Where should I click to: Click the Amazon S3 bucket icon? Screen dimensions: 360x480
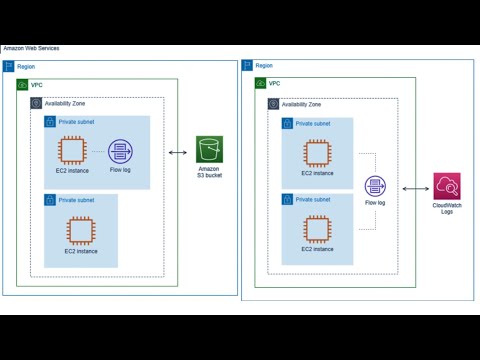(209, 150)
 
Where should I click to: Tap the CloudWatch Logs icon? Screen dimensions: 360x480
(446, 186)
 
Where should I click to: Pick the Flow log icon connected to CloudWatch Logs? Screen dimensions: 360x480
(375, 186)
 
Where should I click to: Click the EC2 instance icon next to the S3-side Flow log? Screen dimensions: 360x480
(71, 151)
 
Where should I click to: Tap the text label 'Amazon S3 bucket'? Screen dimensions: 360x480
(209, 173)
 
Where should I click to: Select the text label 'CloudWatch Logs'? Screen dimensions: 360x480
(446, 209)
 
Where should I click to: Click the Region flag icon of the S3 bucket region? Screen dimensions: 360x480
(9, 66)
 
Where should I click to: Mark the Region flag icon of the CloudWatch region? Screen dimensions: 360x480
(247, 65)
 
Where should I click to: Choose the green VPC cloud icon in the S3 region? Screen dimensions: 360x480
(22, 85)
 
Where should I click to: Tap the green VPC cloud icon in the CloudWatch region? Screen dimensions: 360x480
(261, 84)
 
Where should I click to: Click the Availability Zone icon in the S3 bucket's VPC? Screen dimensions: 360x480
(36, 103)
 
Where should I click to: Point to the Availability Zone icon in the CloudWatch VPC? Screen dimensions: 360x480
(274, 103)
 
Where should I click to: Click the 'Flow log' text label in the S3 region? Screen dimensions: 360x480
(121, 171)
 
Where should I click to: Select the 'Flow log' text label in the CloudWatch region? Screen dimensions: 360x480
(375, 204)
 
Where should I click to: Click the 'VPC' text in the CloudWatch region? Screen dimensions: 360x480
(275, 84)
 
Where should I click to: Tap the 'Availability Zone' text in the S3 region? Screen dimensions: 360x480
(65, 103)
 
